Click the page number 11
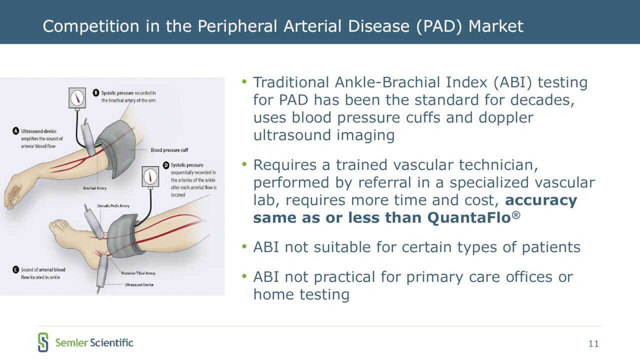point(593,343)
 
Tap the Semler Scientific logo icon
point(43,342)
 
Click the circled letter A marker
point(15,131)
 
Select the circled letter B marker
point(96,93)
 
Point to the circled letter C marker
point(15,269)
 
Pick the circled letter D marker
point(166,165)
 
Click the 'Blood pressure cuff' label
point(169,150)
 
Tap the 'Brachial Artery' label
point(95,188)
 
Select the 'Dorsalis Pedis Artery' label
point(113,205)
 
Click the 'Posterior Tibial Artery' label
point(138,273)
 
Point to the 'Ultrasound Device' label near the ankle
point(139,284)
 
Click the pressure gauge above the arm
point(77,98)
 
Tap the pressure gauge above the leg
point(150,176)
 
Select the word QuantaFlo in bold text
point(469,218)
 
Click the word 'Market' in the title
point(496,26)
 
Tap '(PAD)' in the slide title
point(439,26)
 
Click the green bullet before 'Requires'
point(244,164)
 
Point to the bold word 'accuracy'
point(541,200)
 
